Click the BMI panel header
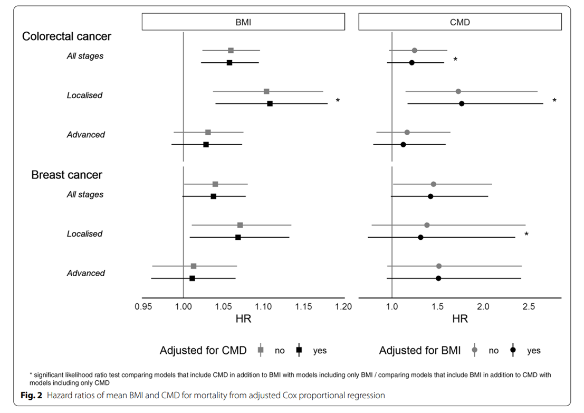tap(243, 22)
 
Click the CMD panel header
tap(459, 22)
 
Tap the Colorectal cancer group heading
tap(66, 36)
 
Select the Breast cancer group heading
tap(66, 175)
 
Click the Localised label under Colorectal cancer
tap(84, 96)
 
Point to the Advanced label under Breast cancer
tap(85, 273)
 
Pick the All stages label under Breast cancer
tap(85, 194)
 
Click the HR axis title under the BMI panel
tap(243, 320)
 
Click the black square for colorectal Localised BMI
tap(270, 104)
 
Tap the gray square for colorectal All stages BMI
tap(231, 50)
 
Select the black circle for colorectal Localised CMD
tap(462, 104)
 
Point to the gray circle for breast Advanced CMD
tap(439, 266)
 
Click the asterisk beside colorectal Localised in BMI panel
tap(338, 100)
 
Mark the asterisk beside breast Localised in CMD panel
tap(526, 234)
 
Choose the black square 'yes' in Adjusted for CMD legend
tap(299, 350)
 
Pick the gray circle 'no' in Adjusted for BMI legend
tap(475, 350)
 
